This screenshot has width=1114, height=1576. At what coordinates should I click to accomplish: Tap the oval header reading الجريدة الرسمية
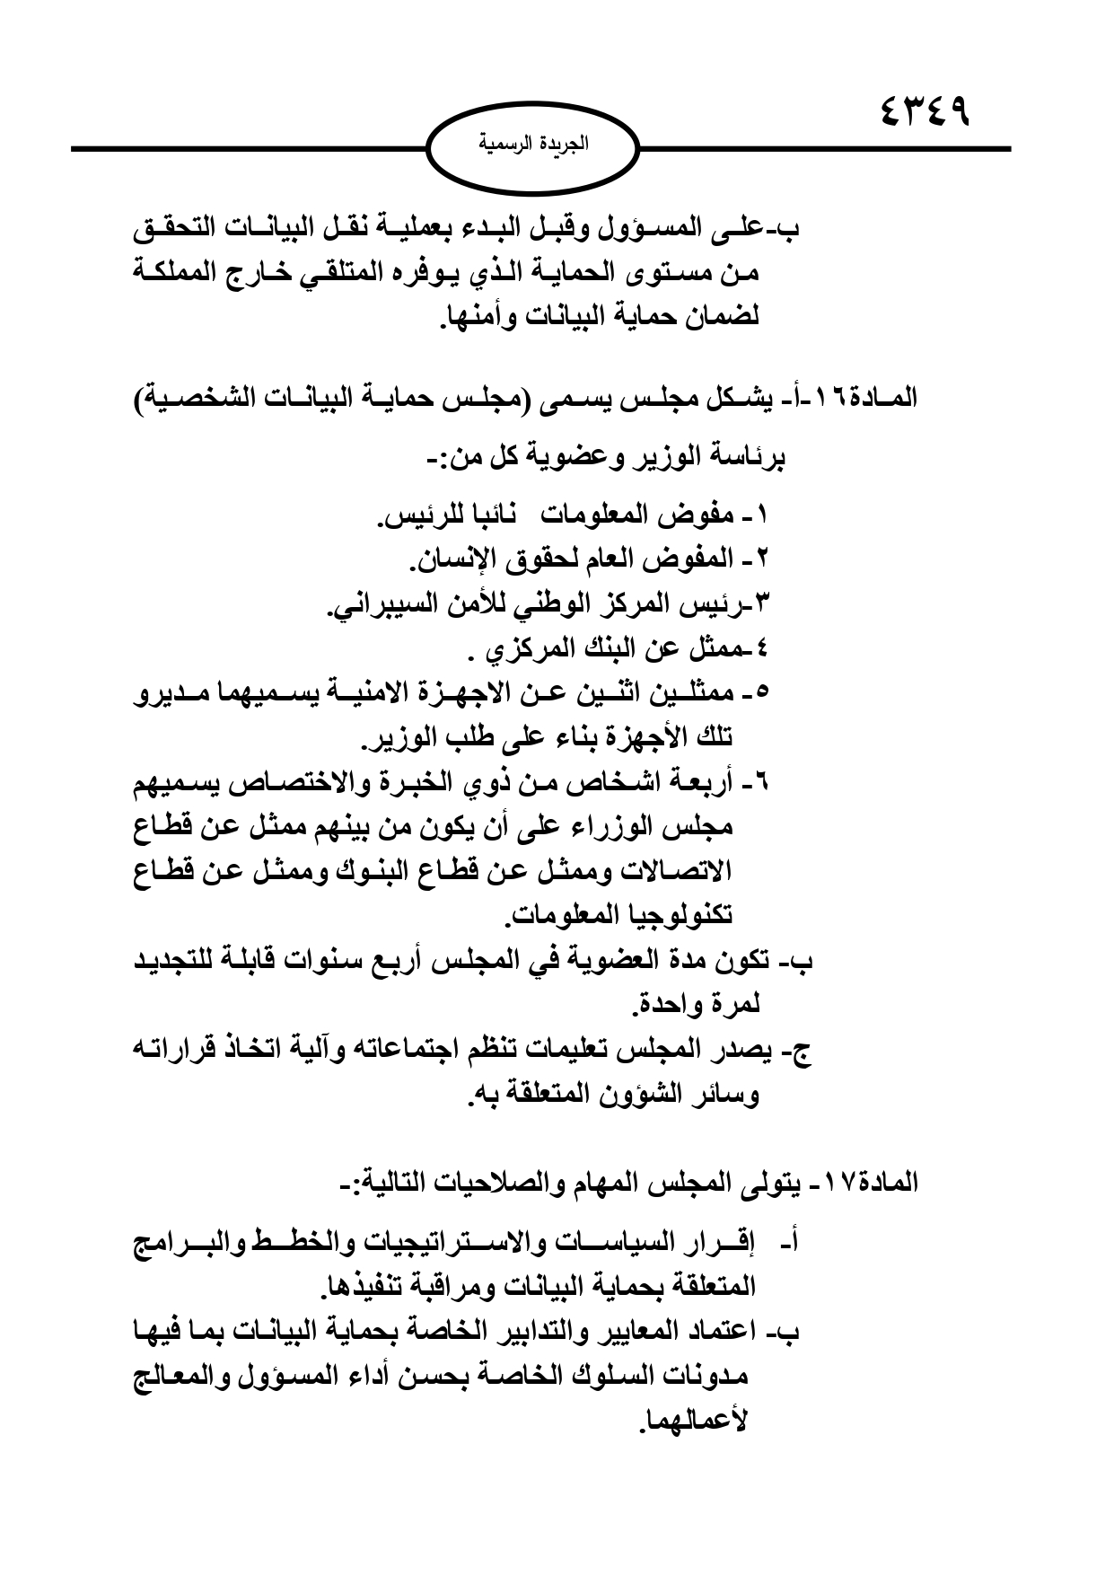532,143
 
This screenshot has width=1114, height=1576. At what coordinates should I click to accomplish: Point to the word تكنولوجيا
683,915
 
